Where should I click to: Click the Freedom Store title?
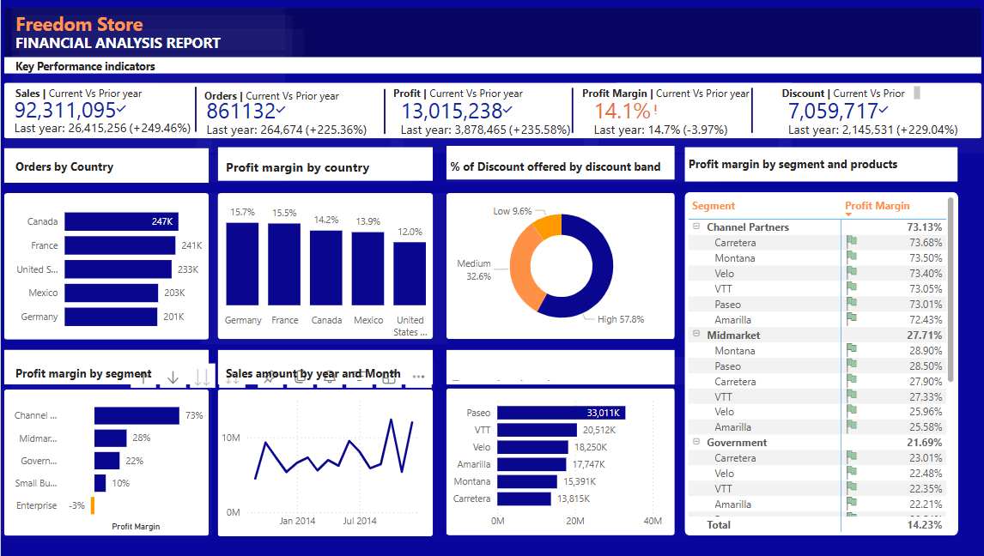tap(79, 25)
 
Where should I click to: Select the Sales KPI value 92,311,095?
tap(65, 111)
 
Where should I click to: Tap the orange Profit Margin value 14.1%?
tap(623, 112)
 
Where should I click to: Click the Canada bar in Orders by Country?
tap(121, 221)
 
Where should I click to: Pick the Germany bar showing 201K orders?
tap(111, 317)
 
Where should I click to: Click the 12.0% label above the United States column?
tap(410, 232)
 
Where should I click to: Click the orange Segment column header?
tap(714, 206)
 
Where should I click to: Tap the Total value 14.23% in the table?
tap(924, 524)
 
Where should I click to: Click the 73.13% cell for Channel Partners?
tap(924, 227)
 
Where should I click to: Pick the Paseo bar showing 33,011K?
tap(561, 413)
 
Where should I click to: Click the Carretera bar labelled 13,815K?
tap(524, 499)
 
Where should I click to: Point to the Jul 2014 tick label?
tap(360, 521)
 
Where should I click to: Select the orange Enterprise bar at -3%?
tap(92, 506)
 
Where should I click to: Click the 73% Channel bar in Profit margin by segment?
tap(137, 415)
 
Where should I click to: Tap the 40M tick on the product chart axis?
tap(653, 521)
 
